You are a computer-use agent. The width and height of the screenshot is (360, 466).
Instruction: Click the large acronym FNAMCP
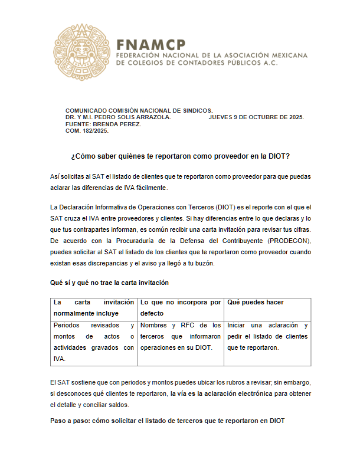pos(151,44)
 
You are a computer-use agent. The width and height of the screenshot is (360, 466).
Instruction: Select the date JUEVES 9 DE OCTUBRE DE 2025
pos(256,117)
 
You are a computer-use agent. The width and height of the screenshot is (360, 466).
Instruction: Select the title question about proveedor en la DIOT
pos(180,156)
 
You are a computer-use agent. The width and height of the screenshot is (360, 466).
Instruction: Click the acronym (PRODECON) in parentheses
pos(287,241)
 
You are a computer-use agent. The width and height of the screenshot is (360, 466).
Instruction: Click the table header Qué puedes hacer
pos(256,302)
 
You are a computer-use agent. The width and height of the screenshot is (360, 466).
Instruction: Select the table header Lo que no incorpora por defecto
pos(180,307)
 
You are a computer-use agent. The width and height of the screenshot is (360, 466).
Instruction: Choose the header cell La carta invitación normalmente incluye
pos(93,307)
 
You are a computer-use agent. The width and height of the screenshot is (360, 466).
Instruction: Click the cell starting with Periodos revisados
pos(93,342)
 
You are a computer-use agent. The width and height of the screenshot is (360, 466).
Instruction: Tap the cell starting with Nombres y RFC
pos(180,336)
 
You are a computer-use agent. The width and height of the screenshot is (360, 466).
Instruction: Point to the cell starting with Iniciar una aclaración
pos(267,336)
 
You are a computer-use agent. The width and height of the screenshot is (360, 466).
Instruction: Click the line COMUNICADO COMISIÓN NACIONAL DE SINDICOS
pos(139,110)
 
